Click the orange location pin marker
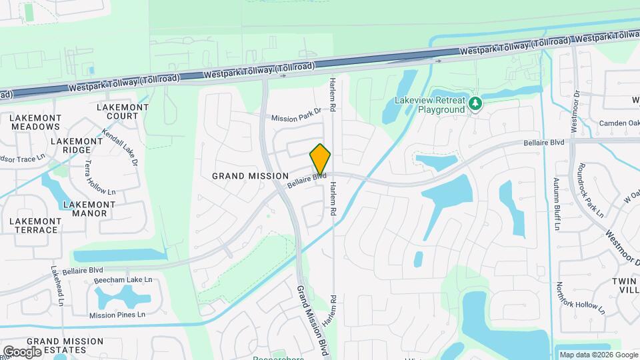click(x=320, y=159)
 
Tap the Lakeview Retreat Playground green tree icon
click(x=475, y=103)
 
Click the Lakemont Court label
click(x=117, y=111)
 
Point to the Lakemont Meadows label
click(x=36, y=122)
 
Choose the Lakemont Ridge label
click(x=75, y=145)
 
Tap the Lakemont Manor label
click(x=85, y=209)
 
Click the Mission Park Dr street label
click(x=296, y=115)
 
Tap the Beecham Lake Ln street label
click(x=121, y=279)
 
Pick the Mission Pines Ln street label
click(x=117, y=315)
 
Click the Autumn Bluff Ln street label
click(x=556, y=204)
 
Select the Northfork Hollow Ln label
click(x=580, y=297)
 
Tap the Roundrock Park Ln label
click(x=591, y=190)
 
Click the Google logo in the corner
click(x=22, y=351)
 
